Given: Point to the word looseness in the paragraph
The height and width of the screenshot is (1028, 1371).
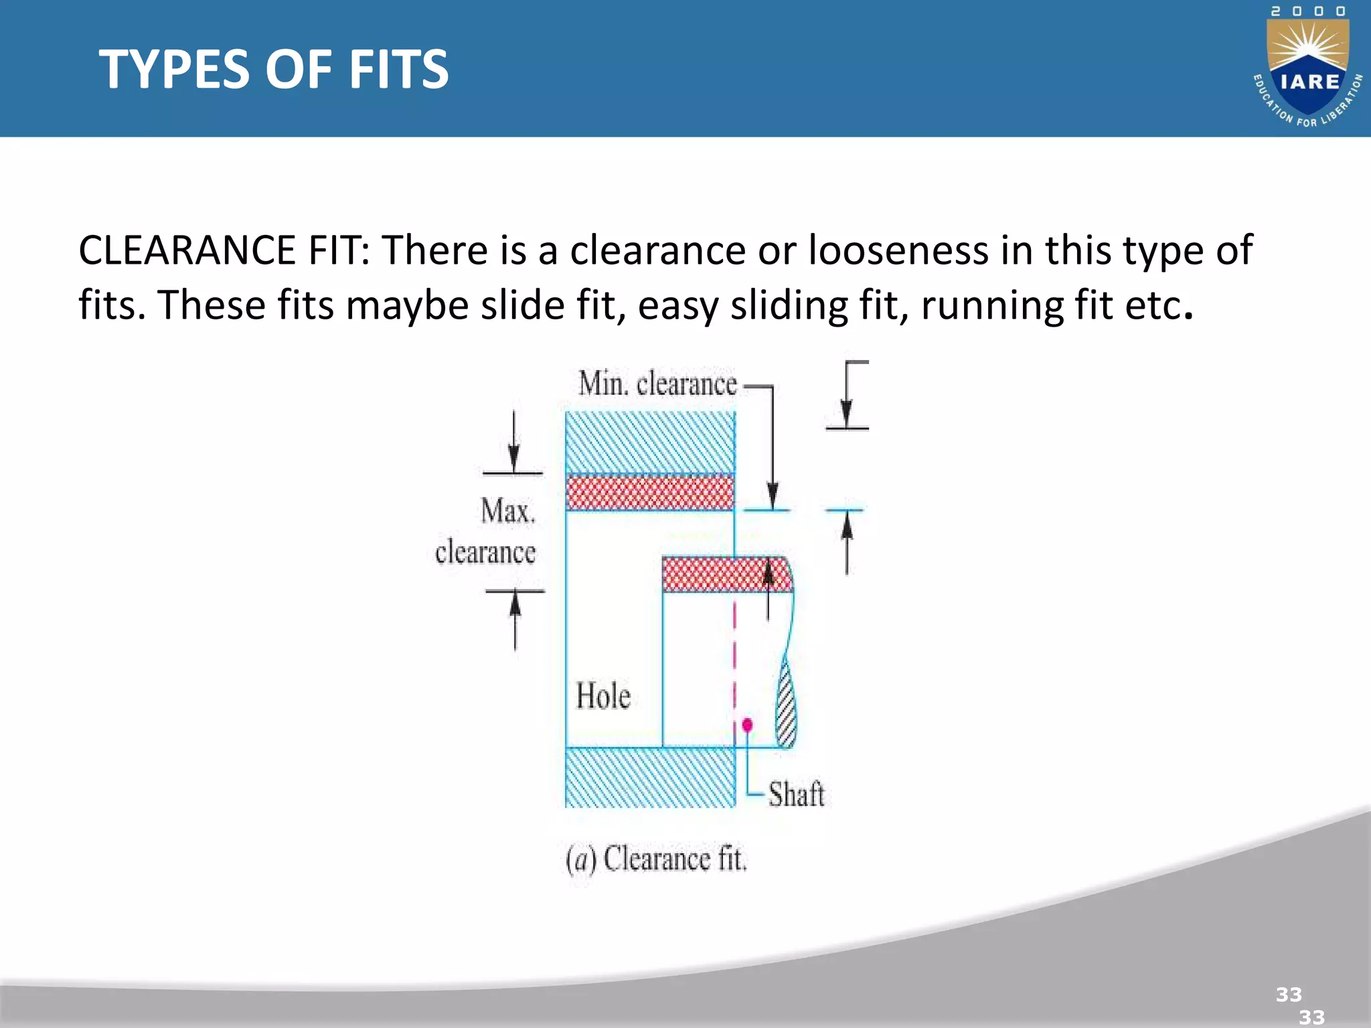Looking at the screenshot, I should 897,250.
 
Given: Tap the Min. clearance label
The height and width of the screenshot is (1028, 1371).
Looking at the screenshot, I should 657,384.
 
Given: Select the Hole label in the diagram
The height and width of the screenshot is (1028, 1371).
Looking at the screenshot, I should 603,696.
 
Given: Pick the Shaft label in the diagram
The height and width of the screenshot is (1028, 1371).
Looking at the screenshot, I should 796,794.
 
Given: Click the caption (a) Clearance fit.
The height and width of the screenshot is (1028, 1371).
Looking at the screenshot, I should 656,859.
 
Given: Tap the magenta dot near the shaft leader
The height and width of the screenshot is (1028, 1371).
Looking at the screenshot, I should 747,725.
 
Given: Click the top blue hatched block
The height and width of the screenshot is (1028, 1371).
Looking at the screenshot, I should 650,442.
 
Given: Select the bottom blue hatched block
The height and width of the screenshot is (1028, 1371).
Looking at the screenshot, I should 650,777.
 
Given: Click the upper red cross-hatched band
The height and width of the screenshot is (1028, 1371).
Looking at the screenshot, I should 650,492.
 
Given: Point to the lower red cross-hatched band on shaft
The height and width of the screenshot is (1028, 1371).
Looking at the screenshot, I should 726,574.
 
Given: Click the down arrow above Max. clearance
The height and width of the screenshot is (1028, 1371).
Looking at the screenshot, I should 513,442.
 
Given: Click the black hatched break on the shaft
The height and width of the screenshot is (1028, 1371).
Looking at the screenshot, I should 787,703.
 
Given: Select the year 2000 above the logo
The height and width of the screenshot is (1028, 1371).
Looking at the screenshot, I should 1308,11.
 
